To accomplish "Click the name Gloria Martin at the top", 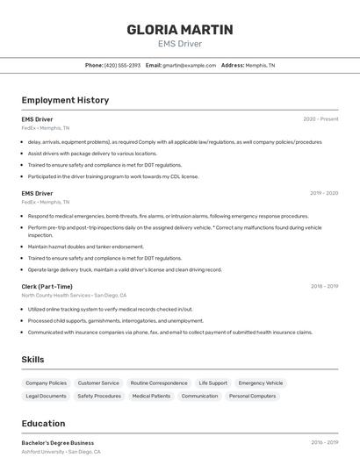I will tap(180, 29).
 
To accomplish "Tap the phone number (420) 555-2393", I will tap(122, 65).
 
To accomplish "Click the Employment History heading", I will tap(65, 100).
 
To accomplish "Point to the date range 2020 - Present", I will tap(320, 118).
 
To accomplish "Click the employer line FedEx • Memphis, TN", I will tap(46, 128).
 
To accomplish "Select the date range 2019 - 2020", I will tap(324, 193).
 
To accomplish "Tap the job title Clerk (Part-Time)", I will tap(47, 286).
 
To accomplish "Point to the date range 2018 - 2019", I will tap(324, 286).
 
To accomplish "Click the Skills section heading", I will tap(32, 360).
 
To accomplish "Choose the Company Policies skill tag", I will tap(46, 383).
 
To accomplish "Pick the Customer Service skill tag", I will tap(98, 383).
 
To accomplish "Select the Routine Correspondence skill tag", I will tap(159, 383).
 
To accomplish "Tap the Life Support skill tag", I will tap(212, 383).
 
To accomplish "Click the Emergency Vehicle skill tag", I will tap(261, 383).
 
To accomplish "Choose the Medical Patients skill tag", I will tap(151, 397).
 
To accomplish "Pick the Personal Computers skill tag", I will tap(253, 397).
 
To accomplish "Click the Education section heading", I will tap(43, 424).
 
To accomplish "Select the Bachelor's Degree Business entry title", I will tap(58, 443).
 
